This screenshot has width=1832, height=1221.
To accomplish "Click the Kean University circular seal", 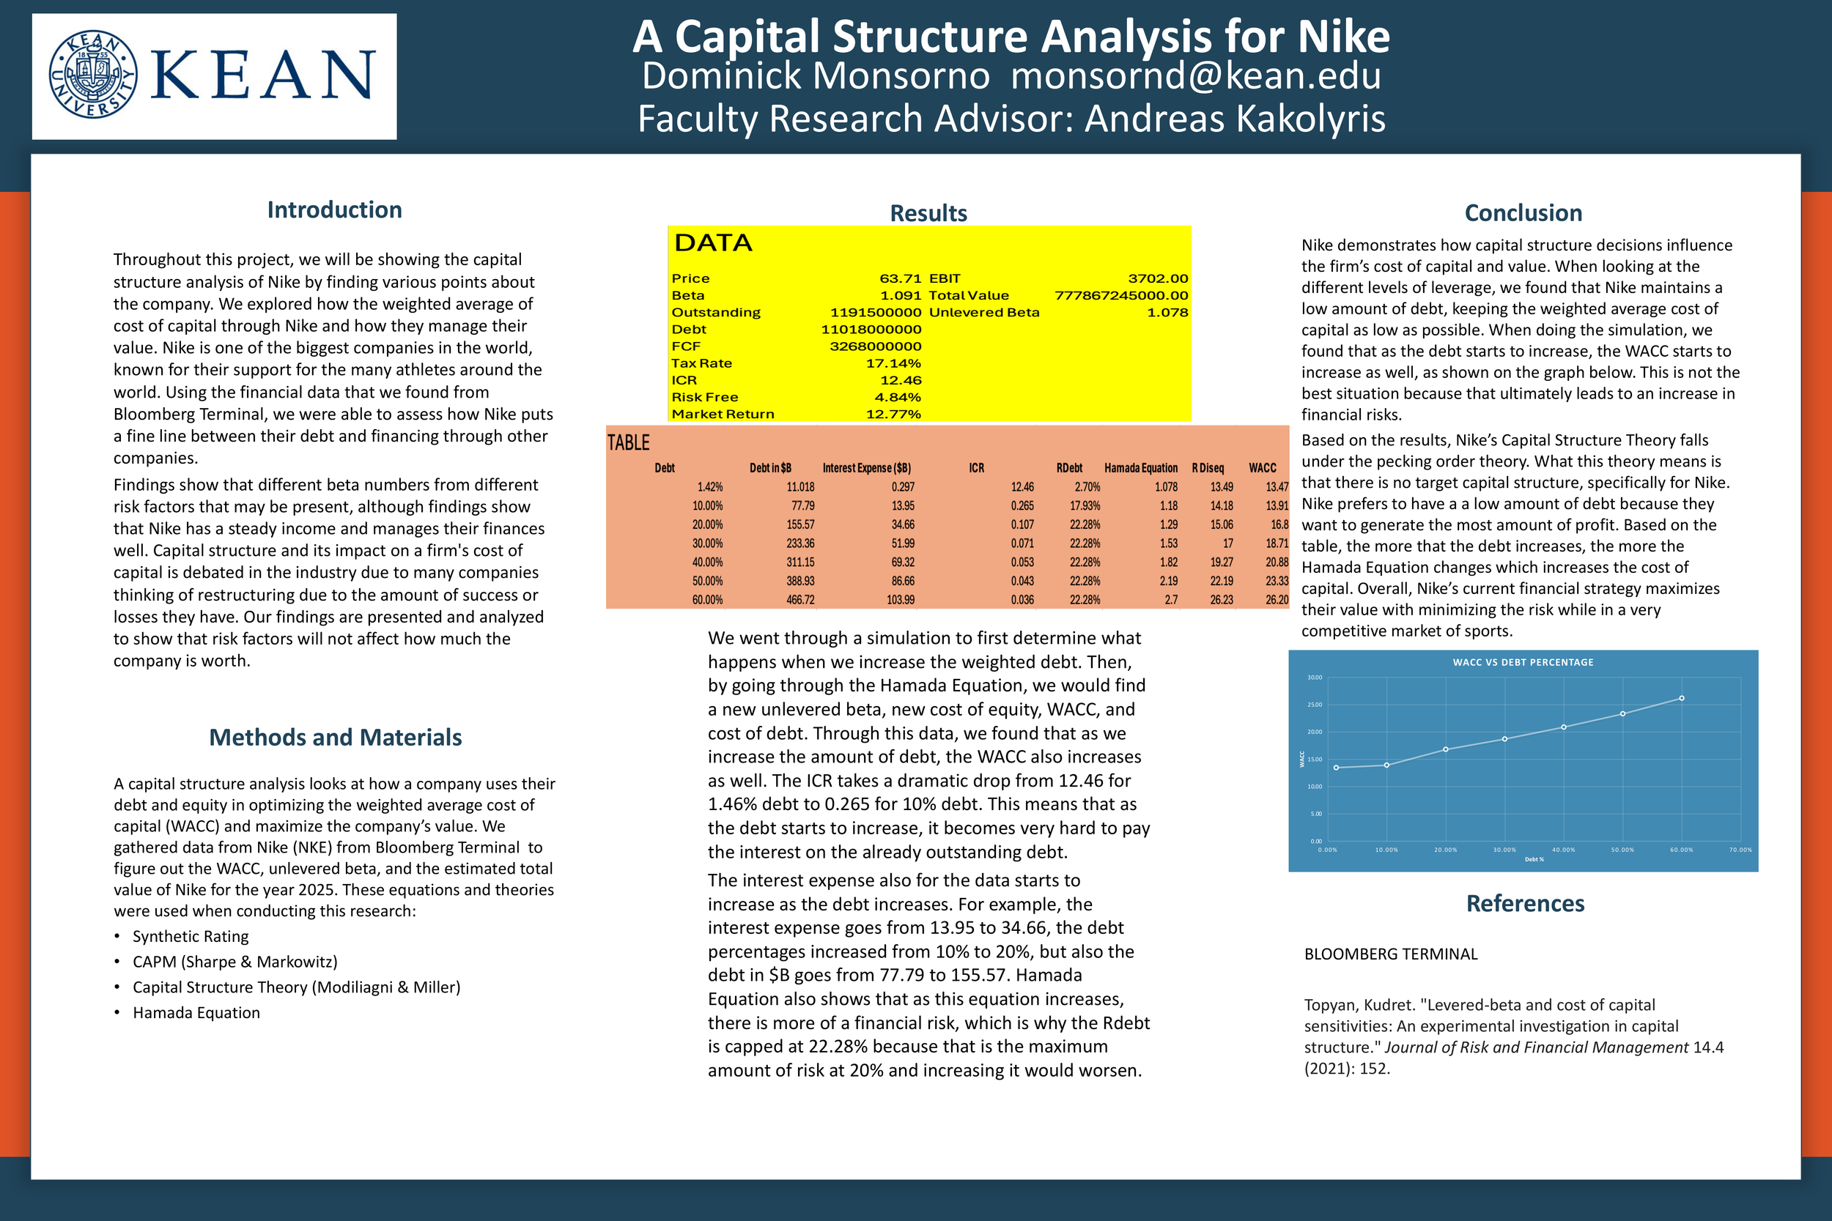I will pyautogui.click(x=92, y=75).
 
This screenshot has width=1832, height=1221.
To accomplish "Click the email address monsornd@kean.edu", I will pyautogui.click(x=1196, y=76).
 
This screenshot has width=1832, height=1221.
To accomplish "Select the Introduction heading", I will pyautogui.click(x=334, y=209).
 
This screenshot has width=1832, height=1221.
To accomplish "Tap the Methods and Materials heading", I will pyautogui.click(x=335, y=737).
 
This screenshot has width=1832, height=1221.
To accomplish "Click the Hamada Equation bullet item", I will pyautogui.click(x=196, y=1012).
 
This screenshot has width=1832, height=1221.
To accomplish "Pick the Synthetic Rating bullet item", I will pyautogui.click(x=191, y=936).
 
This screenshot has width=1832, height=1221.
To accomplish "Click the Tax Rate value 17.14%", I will pyautogui.click(x=893, y=363).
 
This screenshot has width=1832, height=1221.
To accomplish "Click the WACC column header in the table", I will pyautogui.click(x=1262, y=468).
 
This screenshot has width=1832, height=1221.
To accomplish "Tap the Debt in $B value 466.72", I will pyautogui.click(x=800, y=601).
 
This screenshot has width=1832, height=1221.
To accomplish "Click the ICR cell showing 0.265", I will pyautogui.click(x=1022, y=506).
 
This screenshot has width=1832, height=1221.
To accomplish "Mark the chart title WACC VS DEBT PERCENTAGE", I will pyautogui.click(x=1523, y=663).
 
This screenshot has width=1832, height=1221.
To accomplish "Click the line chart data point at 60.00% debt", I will pyautogui.click(x=1682, y=699).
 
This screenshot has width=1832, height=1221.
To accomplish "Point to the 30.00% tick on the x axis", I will pyautogui.click(x=1504, y=850).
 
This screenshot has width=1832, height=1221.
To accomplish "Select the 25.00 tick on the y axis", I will pyautogui.click(x=1315, y=705).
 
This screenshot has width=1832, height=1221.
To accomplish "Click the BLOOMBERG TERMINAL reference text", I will pyautogui.click(x=1390, y=954).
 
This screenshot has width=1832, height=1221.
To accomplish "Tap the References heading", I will pyautogui.click(x=1525, y=903).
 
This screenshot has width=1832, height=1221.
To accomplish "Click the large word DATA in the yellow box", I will pyautogui.click(x=713, y=243).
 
